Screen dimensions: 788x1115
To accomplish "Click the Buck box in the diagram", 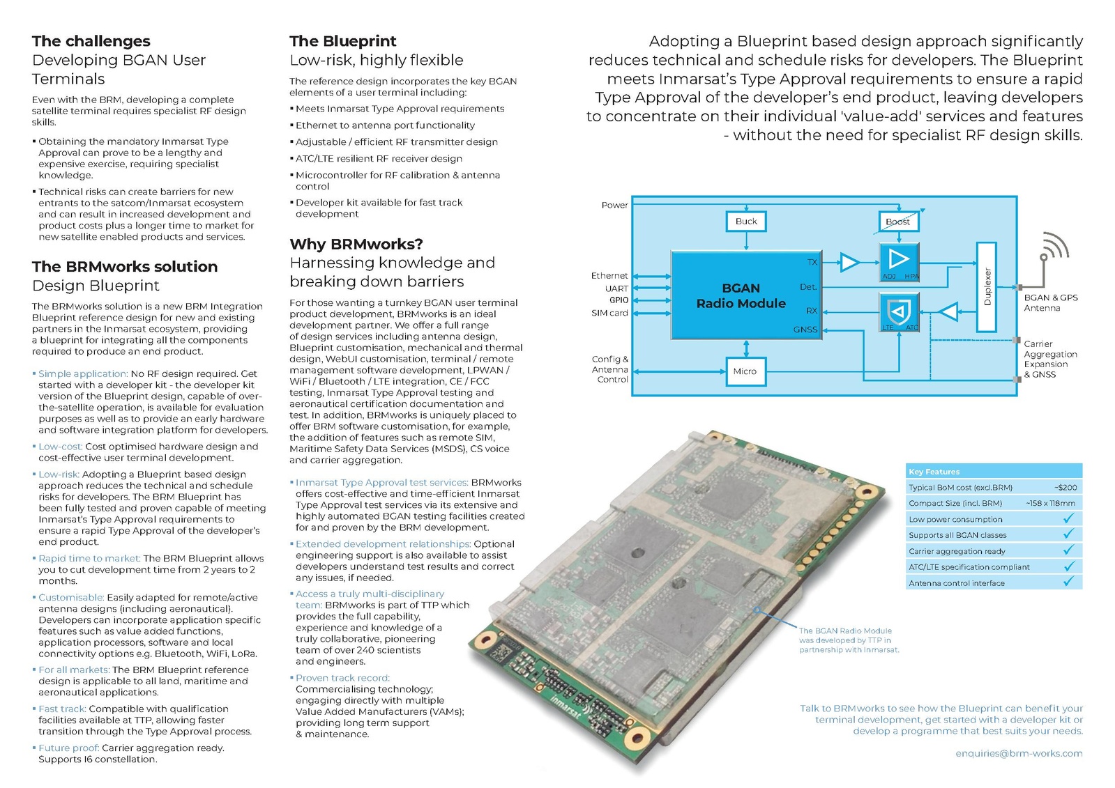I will pyautogui.click(x=745, y=222).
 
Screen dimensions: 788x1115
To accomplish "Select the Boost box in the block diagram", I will pyautogui.click(x=897, y=222).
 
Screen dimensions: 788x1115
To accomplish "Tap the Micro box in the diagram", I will pyautogui.click(x=745, y=371).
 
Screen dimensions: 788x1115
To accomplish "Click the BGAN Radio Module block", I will pyautogui.click(x=741, y=295).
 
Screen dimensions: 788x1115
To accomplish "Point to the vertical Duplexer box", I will pyautogui.click(x=986, y=286).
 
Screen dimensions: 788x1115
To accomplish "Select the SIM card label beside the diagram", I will pyautogui.click(x=609, y=314).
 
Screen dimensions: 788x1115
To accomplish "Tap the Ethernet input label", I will pyautogui.click(x=609, y=276).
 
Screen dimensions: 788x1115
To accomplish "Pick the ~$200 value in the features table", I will pyautogui.click(x=1065, y=488).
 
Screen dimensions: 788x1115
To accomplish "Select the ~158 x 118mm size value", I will pyautogui.click(x=1050, y=503).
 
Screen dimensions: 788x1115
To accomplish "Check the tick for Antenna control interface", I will pyautogui.click(x=1068, y=582).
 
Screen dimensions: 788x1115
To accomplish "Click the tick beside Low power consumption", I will pyautogui.click(x=1068, y=518).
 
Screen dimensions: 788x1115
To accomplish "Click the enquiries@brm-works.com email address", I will pyautogui.click(x=1019, y=753).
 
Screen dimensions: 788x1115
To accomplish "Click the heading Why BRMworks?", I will pyautogui.click(x=356, y=245).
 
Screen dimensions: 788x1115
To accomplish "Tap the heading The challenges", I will pyautogui.click(x=91, y=41).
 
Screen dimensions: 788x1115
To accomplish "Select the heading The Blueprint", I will pyautogui.click(x=343, y=41).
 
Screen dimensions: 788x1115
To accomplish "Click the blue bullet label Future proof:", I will pyautogui.click(x=68, y=748).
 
